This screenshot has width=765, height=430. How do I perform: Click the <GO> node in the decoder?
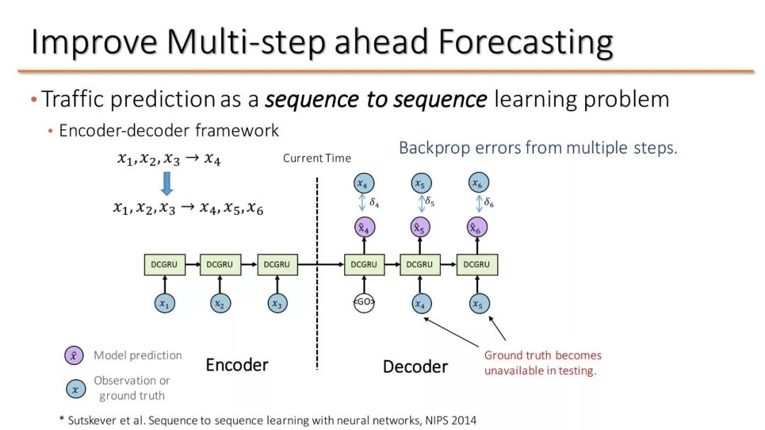(x=364, y=303)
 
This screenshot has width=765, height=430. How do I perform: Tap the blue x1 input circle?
(x=164, y=303)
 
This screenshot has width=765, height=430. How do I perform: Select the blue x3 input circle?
(x=277, y=303)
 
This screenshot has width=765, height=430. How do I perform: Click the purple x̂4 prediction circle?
(x=364, y=227)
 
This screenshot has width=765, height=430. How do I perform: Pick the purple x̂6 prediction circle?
(x=478, y=227)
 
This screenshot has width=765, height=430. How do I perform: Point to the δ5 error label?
(x=430, y=202)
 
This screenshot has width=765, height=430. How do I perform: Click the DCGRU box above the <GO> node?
(x=364, y=265)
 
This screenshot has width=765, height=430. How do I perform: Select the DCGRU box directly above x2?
(x=220, y=265)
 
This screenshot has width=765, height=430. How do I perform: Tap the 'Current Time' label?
(x=317, y=158)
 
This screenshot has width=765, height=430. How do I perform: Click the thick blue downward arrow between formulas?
(x=167, y=183)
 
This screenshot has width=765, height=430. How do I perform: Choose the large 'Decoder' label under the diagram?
(x=415, y=366)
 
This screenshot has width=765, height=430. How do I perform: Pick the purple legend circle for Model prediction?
(x=74, y=356)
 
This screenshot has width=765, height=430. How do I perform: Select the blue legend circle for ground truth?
(x=74, y=388)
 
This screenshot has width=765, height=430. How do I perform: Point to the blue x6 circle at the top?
(x=478, y=183)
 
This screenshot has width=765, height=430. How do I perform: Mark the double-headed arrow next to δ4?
(x=363, y=203)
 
